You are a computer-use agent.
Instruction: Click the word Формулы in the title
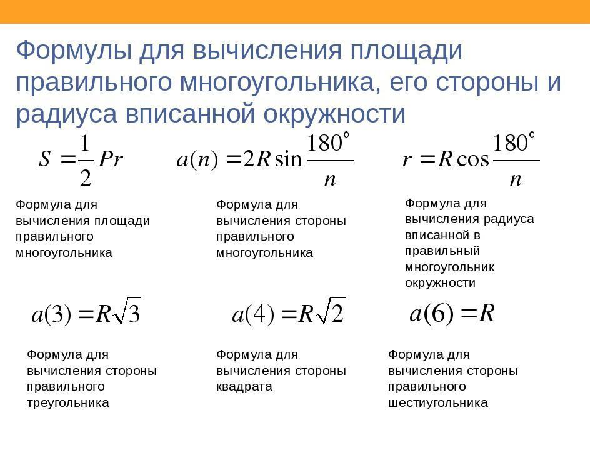click(74, 51)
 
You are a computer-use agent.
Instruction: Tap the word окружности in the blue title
click(334, 114)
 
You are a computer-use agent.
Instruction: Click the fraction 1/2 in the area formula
click(86, 161)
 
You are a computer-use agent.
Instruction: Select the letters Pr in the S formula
click(111, 159)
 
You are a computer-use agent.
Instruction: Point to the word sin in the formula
click(289, 159)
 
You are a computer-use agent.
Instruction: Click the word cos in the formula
click(473, 159)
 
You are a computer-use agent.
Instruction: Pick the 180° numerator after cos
click(514, 142)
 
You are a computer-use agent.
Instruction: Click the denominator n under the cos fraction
click(516, 179)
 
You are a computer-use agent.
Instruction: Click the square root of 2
click(331, 311)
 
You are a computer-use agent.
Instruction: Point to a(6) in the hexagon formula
click(432, 313)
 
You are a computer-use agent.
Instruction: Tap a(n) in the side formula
click(197, 160)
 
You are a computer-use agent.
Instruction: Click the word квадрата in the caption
click(244, 387)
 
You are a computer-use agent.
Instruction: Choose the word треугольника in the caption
click(68, 403)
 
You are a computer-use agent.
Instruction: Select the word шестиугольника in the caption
click(438, 403)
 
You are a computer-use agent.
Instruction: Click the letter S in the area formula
click(45, 159)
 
